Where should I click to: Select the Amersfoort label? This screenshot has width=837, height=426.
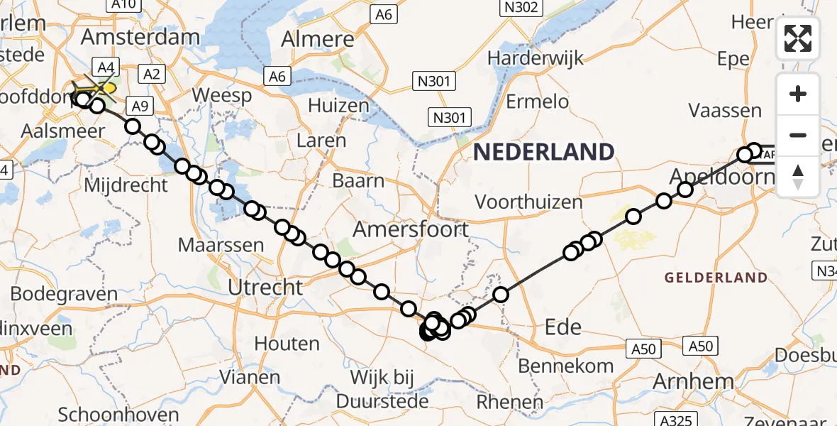[411, 229]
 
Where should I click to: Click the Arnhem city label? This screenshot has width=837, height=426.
[694, 382]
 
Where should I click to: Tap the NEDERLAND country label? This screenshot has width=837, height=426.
[543, 152]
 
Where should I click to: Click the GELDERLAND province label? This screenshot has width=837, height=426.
[716, 278]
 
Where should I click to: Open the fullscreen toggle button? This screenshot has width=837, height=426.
[798, 38]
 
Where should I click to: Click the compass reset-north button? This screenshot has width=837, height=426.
[798, 175]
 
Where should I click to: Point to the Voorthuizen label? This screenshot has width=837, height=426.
[528, 202]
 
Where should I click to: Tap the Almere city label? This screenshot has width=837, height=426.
[317, 40]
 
